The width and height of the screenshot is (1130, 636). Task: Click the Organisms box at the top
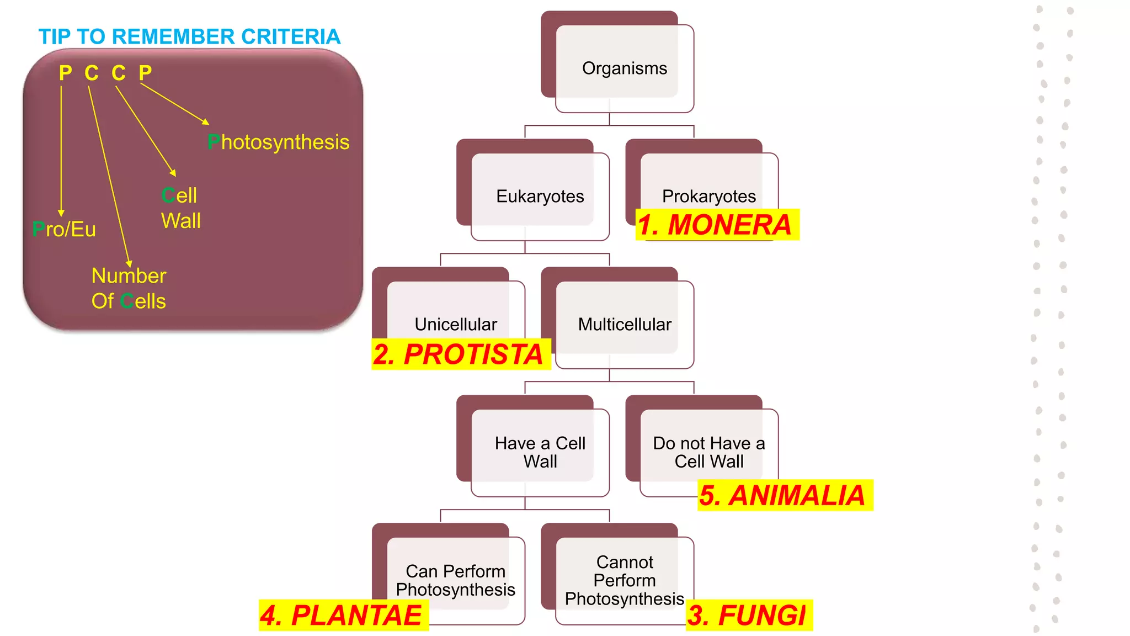(x=624, y=68)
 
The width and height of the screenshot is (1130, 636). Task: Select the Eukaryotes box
(x=540, y=196)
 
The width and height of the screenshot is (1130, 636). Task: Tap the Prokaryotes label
(x=709, y=196)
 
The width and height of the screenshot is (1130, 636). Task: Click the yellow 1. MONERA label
(x=716, y=225)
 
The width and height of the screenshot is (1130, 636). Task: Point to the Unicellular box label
(x=456, y=324)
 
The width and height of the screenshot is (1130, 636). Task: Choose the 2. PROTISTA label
(x=460, y=354)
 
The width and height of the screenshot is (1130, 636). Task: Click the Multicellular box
(x=625, y=324)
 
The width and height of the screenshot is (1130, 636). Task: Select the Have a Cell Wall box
(x=540, y=452)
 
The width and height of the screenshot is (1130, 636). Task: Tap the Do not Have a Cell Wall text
(x=709, y=452)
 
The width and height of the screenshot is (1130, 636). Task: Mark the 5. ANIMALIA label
(x=784, y=495)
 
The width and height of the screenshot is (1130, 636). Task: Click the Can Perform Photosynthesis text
(x=456, y=580)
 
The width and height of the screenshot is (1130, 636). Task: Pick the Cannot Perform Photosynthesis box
(x=625, y=580)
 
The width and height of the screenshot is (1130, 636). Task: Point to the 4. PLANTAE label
(x=343, y=615)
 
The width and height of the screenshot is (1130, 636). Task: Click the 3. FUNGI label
(x=749, y=615)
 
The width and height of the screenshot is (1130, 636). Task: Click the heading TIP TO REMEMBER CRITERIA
(x=189, y=36)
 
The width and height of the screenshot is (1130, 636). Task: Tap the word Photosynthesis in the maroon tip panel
(x=279, y=142)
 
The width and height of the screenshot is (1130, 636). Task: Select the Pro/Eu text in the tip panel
(x=64, y=229)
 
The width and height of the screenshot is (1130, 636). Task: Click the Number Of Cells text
(x=129, y=288)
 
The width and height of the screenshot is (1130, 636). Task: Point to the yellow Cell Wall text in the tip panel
(x=180, y=208)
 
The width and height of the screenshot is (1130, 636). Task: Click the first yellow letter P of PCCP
(x=66, y=73)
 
